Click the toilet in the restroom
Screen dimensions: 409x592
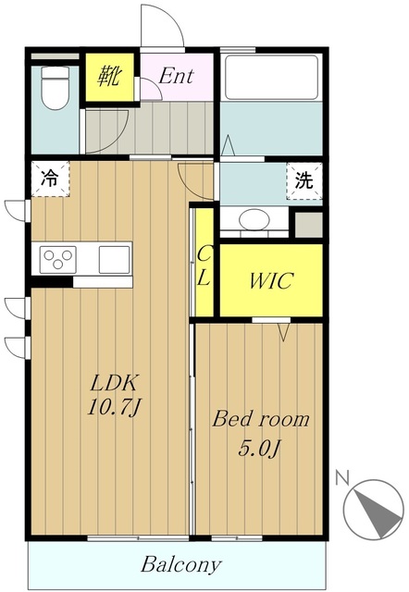tap(56, 89)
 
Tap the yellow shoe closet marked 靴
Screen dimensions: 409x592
tap(109, 77)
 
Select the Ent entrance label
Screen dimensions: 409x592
tap(176, 76)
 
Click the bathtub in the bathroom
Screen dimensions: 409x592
tap(271, 77)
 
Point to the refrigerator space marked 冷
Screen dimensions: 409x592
tap(50, 179)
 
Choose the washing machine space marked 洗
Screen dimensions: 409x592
tap(304, 181)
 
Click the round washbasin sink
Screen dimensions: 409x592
tap(254, 219)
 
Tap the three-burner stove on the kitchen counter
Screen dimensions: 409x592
tap(58, 259)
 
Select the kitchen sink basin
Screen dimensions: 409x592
tap(114, 259)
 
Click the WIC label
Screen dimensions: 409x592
tap(271, 280)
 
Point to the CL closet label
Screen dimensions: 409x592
tap(204, 266)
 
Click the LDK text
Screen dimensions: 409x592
tap(113, 383)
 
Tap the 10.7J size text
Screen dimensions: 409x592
tap(114, 407)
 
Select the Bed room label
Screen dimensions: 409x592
tap(261, 419)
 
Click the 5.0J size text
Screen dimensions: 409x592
tap(259, 449)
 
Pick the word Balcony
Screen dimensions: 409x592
tap(180, 564)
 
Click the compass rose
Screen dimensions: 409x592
tap(374, 508)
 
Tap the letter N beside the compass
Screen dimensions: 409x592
tap(342, 478)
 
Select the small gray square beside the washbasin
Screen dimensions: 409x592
tap(308, 225)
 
